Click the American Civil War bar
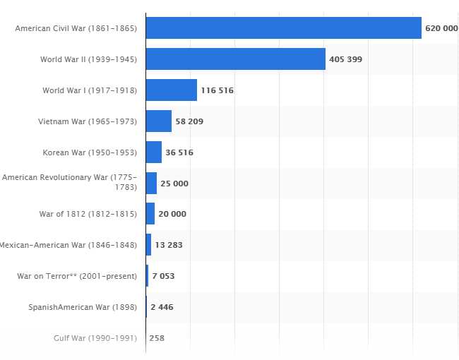pyautogui.click(x=283, y=28)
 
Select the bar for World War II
pyautogui.click(x=235, y=59)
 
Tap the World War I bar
pyautogui.click(x=171, y=90)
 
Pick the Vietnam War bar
pyautogui.click(x=158, y=121)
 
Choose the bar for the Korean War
pyautogui.click(x=153, y=152)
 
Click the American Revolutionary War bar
pyautogui.click(x=151, y=183)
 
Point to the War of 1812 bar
pyautogui.click(x=150, y=214)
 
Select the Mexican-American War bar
pyautogui.click(x=148, y=245)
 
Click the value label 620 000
pyautogui.click(x=441, y=28)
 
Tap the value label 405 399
pyautogui.click(x=345, y=59)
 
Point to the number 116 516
pyautogui.click(x=217, y=90)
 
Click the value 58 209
pyautogui.click(x=189, y=121)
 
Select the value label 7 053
pyautogui.click(x=163, y=276)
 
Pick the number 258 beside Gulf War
pyautogui.click(x=157, y=338)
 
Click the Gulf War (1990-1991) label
pyautogui.click(x=95, y=338)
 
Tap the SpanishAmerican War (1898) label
pyautogui.click(x=83, y=307)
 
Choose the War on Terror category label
pyautogui.click(x=77, y=276)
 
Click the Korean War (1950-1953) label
pyautogui.click(x=90, y=152)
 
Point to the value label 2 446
pyautogui.click(x=162, y=307)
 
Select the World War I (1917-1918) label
pyautogui.click(x=90, y=90)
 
